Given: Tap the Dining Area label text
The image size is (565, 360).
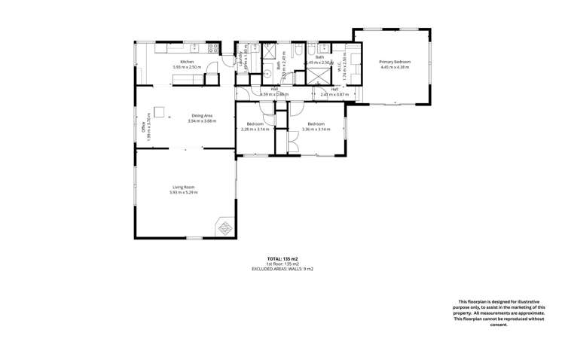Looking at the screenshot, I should coord(202,115).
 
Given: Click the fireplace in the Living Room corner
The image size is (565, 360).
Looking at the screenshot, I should coord(225,227).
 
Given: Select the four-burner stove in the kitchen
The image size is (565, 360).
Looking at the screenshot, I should coord(213,47).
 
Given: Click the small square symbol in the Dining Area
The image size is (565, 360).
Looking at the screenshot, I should coord(159,108).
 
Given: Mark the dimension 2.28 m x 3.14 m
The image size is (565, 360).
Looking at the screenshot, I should coord(255,129).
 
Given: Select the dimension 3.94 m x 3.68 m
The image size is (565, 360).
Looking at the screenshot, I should coord(202,121).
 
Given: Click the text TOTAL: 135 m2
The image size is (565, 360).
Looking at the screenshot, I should coord(282,258).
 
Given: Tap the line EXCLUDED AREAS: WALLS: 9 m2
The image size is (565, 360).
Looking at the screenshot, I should coord(282,268).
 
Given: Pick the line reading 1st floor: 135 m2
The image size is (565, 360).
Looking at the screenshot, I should coord(282,264).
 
